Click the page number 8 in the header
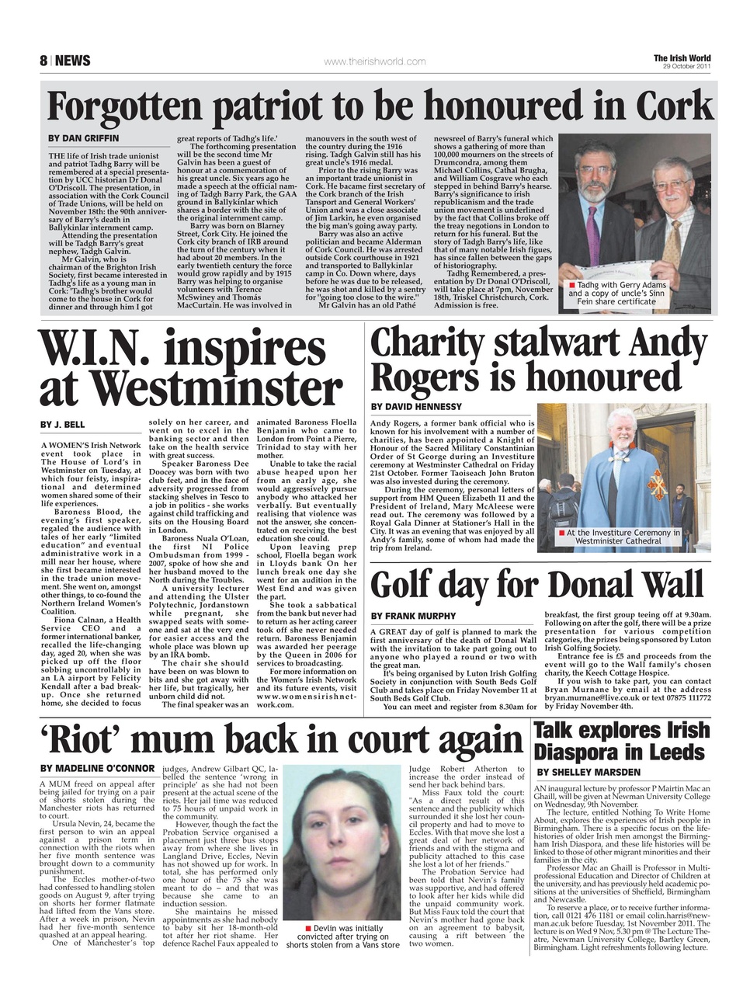[43, 61]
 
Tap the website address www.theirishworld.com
[374, 61]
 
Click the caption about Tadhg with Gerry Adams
[616, 294]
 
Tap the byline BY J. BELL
[63, 425]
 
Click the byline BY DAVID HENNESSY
[416, 407]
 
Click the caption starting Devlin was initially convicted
[342, 937]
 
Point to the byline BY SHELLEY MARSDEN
[589, 772]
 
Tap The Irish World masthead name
[682, 58]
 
